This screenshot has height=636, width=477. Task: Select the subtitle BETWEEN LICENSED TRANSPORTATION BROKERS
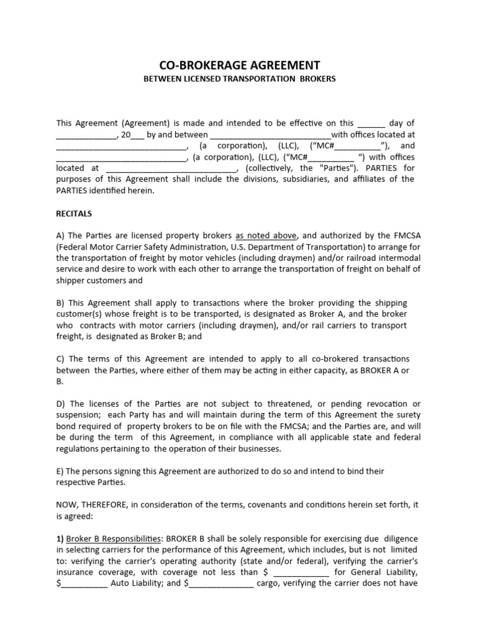239,79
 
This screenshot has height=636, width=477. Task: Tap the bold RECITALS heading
74,214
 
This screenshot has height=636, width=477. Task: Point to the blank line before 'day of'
371,123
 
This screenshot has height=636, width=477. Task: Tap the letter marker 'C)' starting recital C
61,359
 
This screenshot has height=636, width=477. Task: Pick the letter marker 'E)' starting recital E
61,471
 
